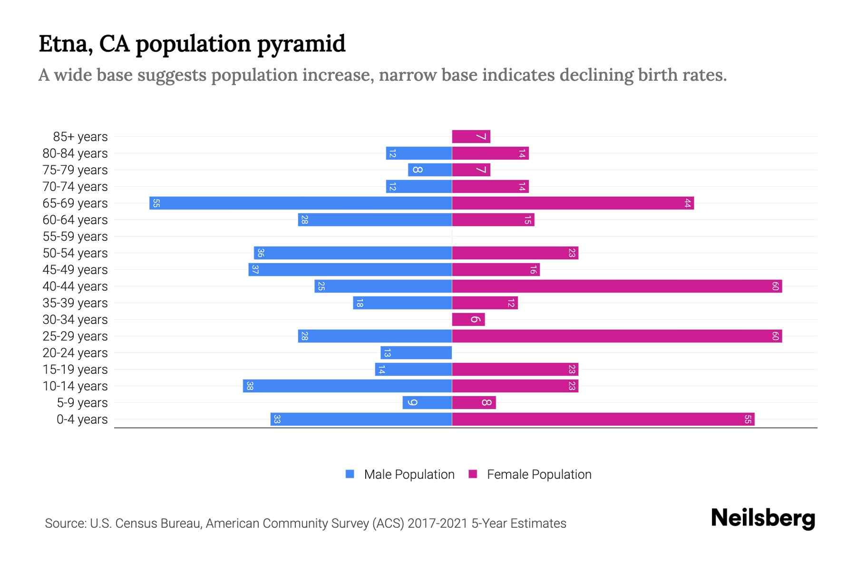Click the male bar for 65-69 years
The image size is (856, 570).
point(301,203)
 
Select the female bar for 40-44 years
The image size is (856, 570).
point(617,286)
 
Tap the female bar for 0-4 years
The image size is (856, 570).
point(603,419)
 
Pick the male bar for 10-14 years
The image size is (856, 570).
point(347,386)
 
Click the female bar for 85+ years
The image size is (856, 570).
point(471,137)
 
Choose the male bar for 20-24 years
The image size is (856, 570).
point(416,353)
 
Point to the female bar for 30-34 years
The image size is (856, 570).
point(468,320)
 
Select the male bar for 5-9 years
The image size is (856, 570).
point(427,403)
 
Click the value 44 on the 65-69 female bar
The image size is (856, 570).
point(687,203)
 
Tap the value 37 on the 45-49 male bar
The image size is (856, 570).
point(255,270)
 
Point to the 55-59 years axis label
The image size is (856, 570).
point(75,237)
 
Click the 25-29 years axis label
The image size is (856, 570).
point(75,336)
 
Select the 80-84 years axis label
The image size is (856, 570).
point(75,153)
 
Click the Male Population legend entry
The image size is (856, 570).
point(409,475)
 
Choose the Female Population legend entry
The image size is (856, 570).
point(539,475)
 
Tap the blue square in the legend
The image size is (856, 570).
point(350,474)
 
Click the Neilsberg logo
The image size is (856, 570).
point(763,518)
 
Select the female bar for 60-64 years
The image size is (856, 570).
point(493,220)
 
